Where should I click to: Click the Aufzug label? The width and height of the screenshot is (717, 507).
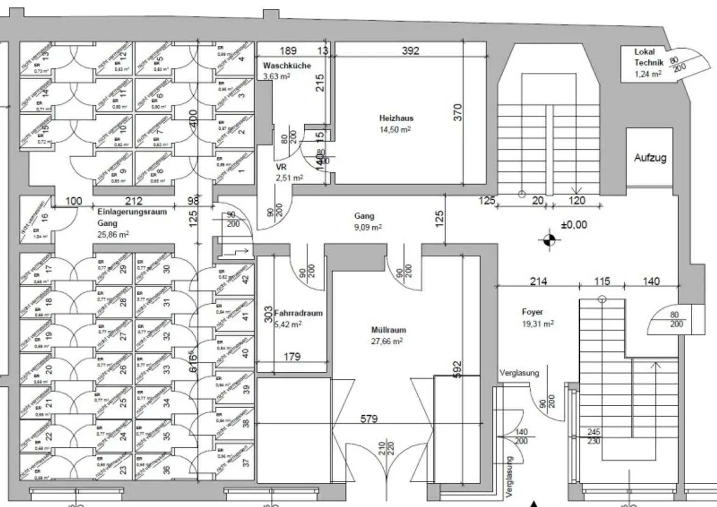click(x=650, y=158)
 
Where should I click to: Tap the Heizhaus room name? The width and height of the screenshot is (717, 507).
click(x=396, y=118)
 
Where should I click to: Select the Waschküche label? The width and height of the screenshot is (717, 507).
click(x=287, y=66)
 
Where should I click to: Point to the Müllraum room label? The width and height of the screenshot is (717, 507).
click(x=388, y=330)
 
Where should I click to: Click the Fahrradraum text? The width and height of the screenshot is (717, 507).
click(x=299, y=313)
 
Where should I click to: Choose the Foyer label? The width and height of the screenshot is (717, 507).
click(x=532, y=312)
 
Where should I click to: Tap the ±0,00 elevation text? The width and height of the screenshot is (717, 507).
click(x=574, y=225)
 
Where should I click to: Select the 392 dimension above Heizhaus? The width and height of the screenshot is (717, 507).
click(x=410, y=50)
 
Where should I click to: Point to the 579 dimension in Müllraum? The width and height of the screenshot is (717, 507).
click(x=368, y=419)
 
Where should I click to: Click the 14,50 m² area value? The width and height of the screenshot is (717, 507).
click(x=395, y=130)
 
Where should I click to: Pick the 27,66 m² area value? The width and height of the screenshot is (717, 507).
click(x=387, y=341)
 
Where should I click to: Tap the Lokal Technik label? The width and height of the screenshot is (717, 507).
click(x=648, y=57)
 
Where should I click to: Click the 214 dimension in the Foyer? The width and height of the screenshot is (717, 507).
click(x=538, y=281)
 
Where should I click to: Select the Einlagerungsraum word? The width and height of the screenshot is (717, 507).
click(x=132, y=212)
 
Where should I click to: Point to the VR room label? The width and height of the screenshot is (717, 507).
click(x=281, y=167)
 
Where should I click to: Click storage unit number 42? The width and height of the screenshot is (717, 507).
click(x=246, y=279)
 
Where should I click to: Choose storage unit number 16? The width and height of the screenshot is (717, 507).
click(x=45, y=217)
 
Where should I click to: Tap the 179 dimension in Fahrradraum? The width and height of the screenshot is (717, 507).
click(x=292, y=357)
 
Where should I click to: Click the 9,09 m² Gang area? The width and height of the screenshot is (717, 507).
click(x=368, y=228)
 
